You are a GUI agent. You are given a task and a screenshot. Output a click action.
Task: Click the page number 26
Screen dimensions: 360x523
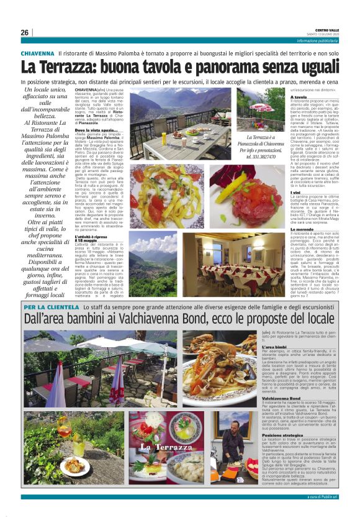coord(24,32)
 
